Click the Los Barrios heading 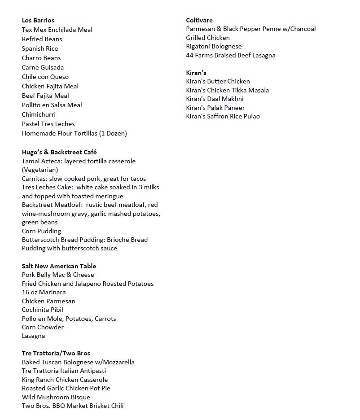(x=38, y=20)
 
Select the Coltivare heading (x=199, y=20)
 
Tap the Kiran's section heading (x=196, y=73)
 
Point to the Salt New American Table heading (x=59, y=266)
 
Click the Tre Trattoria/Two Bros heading (x=56, y=353)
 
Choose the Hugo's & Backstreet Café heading (x=59, y=152)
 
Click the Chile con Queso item (x=45, y=77)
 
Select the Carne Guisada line (x=43, y=67)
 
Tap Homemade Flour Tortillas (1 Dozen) (x=75, y=133)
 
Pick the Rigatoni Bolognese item (x=214, y=46)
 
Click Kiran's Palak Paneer (x=215, y=108)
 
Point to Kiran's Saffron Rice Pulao (x=223, y=116)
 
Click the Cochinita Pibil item (x=43, y=310)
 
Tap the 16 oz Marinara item (x=44, y=292)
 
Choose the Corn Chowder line (x=43, y=327)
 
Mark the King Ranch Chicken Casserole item (x=65, y=380)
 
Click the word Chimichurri (x=39, y=114)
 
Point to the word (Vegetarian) (x=40, y=170)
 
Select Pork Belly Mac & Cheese (x=58, y=275)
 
